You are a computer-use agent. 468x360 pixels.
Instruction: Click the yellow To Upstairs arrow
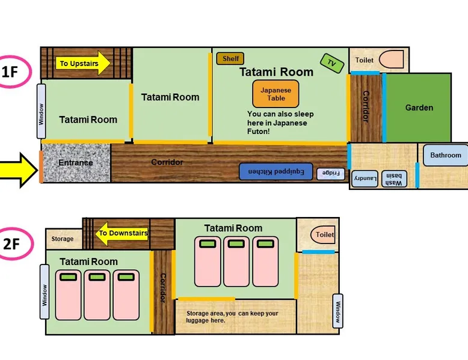(83, 63)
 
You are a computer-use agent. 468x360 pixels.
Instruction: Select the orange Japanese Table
(276, 94)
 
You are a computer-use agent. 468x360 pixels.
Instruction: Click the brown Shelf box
(230, 58)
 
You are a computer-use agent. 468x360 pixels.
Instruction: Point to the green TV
(332, 63)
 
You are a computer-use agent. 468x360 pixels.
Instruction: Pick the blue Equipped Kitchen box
(276, 171)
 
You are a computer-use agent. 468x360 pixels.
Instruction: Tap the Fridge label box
(331, 174)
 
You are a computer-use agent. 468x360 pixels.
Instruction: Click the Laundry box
(365, 179)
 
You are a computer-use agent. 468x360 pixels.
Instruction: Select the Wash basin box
(394, 179)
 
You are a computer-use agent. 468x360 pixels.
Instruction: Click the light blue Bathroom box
(445, 155)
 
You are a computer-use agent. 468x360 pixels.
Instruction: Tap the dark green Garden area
(419, 108)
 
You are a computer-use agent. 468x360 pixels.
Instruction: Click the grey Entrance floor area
(76, 163)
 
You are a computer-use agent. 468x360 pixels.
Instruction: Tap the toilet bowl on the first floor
(391, 59)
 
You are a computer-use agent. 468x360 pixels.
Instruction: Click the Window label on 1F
(41, 111)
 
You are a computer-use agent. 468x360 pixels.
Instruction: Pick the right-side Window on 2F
(337, 311)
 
